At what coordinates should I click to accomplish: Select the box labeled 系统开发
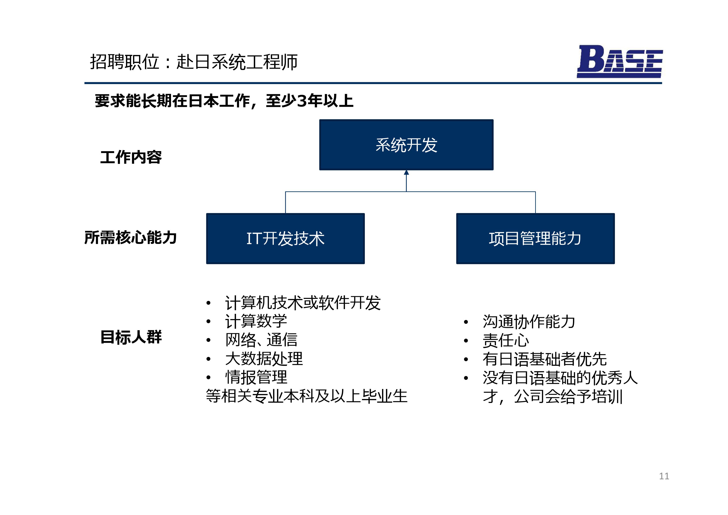[x=406, y=145]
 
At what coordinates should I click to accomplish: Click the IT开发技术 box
[x=285, y=239]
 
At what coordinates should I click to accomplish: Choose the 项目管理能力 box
[x=535, y=239]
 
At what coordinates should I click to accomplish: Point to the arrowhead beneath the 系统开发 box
[x=406, y=172]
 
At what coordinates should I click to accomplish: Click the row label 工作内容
[x=131, y=157]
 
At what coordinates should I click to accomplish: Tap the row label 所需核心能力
[x=131, y=237]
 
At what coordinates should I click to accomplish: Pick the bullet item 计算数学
[x=256, y=321]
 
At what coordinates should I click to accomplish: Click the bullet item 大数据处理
[x=264, y=359]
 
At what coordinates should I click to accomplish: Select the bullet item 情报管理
[x=256, y=377]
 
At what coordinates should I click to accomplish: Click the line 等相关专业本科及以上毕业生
[x=307, y=396]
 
